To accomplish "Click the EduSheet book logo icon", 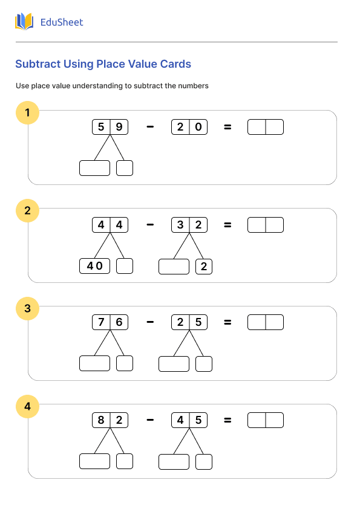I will pyautogui.click(x=24, y=22).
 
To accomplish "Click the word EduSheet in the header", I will pyautogui.click(x=61, y=22).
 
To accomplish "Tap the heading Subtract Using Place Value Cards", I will pyautogui.click(x=103, y=64).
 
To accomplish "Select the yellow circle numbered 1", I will pyautogui.click(x=27, y=112).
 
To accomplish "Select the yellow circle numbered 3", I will pyautogui.click(x=27, y=309).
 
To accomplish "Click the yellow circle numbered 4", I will pyautogui.click(x=27, y=407).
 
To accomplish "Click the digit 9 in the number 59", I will pyautogui.click(x=119, y=127).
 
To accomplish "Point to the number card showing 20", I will pyautogui.click(x=189, y=127).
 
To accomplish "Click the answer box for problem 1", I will pyautogui.click(x=266, y=127).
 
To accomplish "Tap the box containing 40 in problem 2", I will pyautogui.click(x=94, y=266).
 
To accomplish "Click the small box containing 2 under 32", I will pyautogui.click(x=204, y=266).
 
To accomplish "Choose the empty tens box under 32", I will pyautogui.click(x=174, y=266).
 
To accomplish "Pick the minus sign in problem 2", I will pyautogui.click(x=150, y=225).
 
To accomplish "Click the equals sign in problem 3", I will pyautogui.click(x=227, y=323).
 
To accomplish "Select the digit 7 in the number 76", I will pyautogui.click(x=101, y=323).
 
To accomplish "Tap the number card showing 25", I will pyautogui.click(x=189, y=323).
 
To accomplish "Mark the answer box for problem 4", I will pyautogui.click(x=266, y=420).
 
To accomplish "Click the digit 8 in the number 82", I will pyautogui.click(x=101, y=420).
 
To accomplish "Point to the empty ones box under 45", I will pyautogui.click(x=204, y=462).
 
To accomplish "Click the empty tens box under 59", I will pyautogui.click(x=94, y=168).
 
